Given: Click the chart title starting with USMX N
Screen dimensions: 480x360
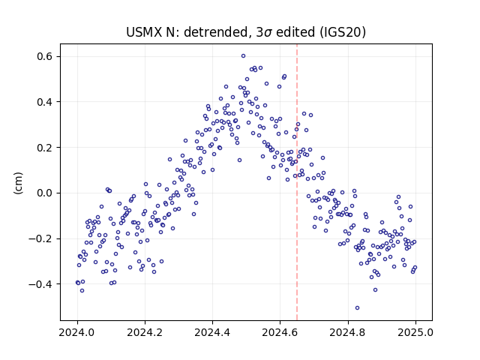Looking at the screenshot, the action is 246,32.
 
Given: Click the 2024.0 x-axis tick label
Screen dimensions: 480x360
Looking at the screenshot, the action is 77,332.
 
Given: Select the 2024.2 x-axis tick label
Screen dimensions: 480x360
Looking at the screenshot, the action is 145,332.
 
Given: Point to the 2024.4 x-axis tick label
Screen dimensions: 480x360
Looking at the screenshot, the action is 212,332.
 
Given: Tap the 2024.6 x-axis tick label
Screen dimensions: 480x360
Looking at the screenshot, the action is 280,332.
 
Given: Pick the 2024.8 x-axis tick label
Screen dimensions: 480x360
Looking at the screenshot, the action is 348,332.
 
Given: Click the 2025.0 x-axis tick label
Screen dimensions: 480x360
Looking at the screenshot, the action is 415,332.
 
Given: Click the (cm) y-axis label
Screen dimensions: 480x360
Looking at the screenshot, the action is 18,183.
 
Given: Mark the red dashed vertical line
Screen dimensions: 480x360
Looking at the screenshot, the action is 297,182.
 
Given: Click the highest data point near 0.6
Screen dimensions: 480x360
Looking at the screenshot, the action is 243,56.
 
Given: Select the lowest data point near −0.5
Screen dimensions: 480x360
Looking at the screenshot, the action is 357,308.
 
